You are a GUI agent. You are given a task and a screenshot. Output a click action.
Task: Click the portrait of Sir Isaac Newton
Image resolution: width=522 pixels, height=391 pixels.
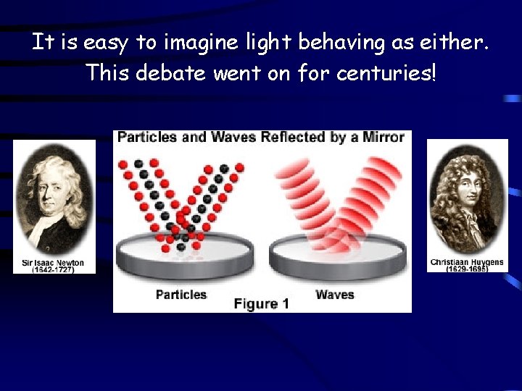(54, 199)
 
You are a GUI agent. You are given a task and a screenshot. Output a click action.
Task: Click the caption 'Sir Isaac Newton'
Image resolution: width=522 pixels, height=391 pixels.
(54, 263)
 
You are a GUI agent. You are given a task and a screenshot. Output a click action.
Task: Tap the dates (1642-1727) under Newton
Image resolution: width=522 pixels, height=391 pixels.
(54, 270)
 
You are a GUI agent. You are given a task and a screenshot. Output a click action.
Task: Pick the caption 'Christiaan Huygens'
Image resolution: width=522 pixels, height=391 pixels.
(467, 262)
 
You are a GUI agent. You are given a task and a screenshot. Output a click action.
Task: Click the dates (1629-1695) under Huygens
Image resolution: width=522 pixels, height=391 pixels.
(467, 269)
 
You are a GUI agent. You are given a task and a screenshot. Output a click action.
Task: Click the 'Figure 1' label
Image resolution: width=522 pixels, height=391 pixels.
(261, 304)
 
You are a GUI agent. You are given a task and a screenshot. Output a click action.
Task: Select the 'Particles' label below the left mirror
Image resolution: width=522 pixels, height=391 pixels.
(181, 295)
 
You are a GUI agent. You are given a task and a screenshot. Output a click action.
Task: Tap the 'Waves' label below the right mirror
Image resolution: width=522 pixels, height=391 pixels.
(335, 295)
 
